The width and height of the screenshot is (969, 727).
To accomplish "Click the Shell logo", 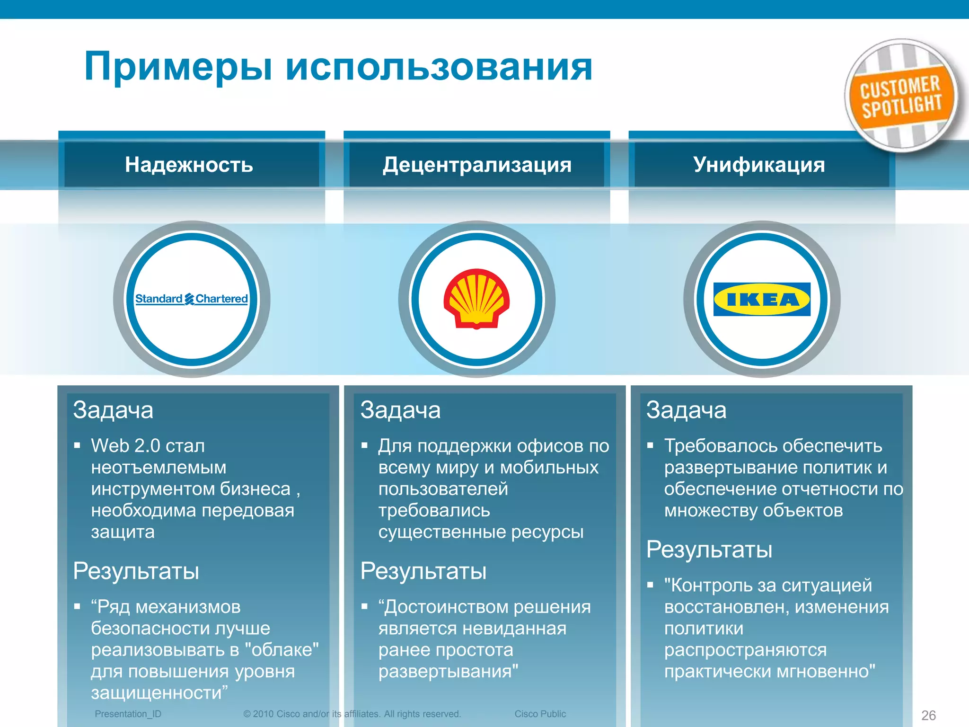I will (476, 299).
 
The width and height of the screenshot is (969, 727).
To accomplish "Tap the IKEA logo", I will (762, 299).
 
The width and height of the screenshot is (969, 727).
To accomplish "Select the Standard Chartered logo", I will (191, 299).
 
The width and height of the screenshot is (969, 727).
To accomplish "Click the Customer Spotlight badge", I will (901, 96).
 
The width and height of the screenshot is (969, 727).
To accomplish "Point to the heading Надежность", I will (189, 165).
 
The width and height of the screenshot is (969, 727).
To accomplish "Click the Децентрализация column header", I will (477, 165).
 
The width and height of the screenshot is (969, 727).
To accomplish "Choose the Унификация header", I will (759, 165).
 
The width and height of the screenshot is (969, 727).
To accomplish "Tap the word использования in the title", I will (439, 67).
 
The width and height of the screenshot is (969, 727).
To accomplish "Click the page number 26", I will (928, 715).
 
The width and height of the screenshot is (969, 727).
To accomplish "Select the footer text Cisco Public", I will (540, 714).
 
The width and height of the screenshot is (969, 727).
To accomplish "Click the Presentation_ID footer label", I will (128, 714).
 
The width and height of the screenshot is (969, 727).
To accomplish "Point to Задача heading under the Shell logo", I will (400, 410).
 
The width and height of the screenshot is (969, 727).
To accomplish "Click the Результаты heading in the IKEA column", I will (709, 550).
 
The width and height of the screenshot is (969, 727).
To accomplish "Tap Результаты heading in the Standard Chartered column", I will (136, 571).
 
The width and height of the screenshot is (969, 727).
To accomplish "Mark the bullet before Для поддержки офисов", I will (364, 445).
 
